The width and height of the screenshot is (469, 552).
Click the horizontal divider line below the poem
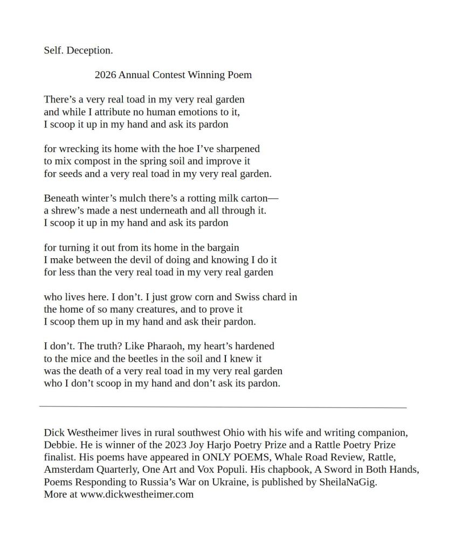223,408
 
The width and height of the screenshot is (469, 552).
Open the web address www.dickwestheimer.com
137,494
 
